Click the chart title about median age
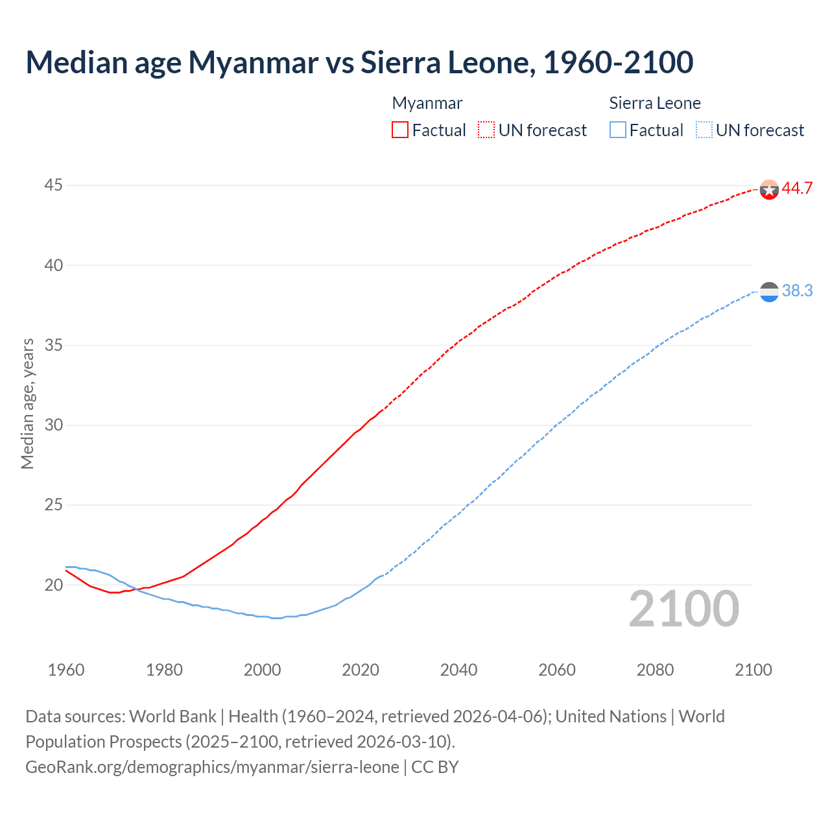point(359,62)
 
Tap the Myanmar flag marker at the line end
point(769,189)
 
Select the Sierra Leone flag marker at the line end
point(769,292)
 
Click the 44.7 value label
point(797,189)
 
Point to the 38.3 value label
point(797,291)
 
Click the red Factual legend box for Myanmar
point(400,130)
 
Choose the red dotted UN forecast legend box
point(486,130)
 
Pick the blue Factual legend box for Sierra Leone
point(618,130)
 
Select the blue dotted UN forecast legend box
point(704,130)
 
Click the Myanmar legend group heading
point(427,103)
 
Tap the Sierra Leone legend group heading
point(655,103)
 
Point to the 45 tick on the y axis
point(53,185)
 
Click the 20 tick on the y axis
point(53,585)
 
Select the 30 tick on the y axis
point(53,425)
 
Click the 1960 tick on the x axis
point(66,670)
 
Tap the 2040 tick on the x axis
point(458,670)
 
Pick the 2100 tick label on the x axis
point(753,670)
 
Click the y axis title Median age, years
point(27,403)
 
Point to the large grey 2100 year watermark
point(683,609)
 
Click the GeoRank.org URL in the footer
point(212,767)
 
